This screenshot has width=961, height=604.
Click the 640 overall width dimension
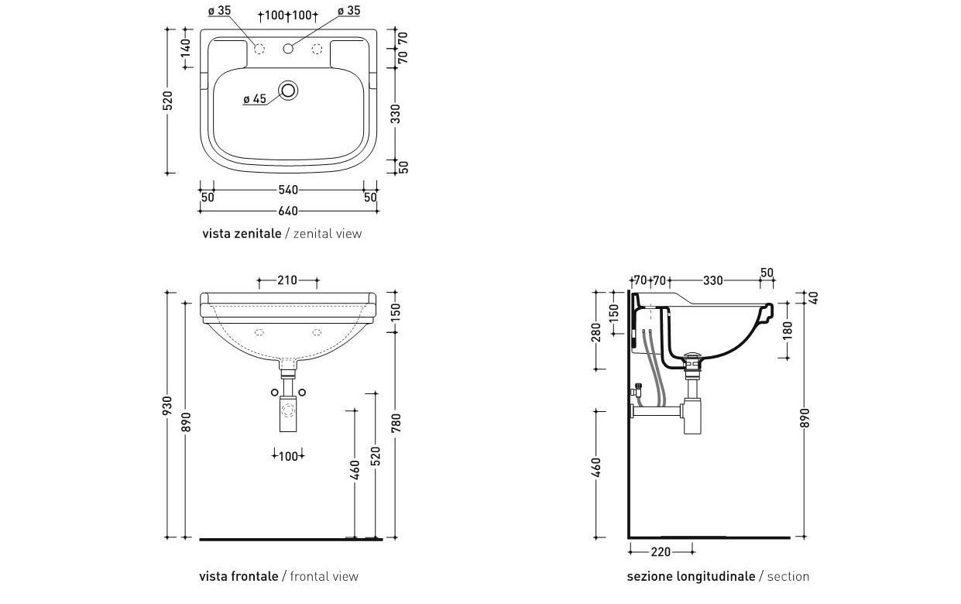(x=288, y=211)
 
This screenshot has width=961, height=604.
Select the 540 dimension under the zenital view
(x=288, y=190)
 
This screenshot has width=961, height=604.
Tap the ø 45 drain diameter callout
(x=255, y=99)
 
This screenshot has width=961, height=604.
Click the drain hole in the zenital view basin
(x=288, y=91)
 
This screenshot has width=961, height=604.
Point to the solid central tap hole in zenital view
(x=288, y=49)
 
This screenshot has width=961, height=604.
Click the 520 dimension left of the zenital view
(x=168, y=101)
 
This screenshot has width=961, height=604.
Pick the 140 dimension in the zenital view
(x=185, y=47)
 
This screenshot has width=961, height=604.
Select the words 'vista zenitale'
(x=242, y=233)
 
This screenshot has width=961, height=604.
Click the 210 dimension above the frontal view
(x=287, y=280)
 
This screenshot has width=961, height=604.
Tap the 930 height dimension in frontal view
(x=167, y=406)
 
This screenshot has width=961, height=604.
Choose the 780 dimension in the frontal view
(x=396, y=423)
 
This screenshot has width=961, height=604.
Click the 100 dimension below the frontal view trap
(x=288, y=456)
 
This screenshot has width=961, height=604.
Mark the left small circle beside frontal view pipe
(x=275, y=392)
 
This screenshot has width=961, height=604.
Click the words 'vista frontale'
(x=239, y=576)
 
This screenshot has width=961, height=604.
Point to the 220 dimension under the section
(x=661, y=551)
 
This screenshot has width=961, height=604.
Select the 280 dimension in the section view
(x=596, y=332)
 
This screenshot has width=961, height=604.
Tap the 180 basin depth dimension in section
(x=788, y=331)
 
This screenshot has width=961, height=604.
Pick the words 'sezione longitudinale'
(x=691, y=576)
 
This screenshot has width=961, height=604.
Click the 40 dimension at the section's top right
(x=814, y=297)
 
